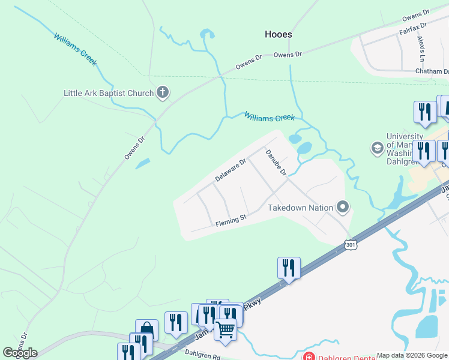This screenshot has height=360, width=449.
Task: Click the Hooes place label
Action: pyautogui.click(x=279, y=34)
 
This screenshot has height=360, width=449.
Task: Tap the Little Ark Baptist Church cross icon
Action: pyautogui.click(x=162, y=92)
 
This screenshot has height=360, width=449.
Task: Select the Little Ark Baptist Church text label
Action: pyautogui.click(x=109, y=93)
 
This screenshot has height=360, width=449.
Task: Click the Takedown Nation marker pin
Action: pyautogui.click(x=343, y=208)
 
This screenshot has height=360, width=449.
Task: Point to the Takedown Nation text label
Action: pyautogui.click(x=300, y=208)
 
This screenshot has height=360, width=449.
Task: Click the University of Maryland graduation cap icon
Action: pyautogui.click(x=378, y=148)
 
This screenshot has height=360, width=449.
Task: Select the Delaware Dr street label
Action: pyautogui.click(x=231, y=171)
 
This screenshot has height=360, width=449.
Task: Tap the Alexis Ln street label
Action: pyautogui.click(x=421, y=49)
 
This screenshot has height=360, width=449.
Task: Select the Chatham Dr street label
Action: pyautogui.click(x=432, y=71)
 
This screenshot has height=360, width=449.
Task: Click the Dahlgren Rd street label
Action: pyautogui.click(x=203, y=354)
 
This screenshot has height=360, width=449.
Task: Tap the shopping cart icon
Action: pyautogui.click(x=225, y=329)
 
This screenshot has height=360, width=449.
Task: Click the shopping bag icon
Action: pyautogui.click(x=146, y=329)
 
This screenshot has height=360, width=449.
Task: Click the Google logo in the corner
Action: pyautogui.click(x=20, y=353)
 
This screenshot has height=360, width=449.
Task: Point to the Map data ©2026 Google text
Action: pyautogui.click(x=412, y=355)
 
